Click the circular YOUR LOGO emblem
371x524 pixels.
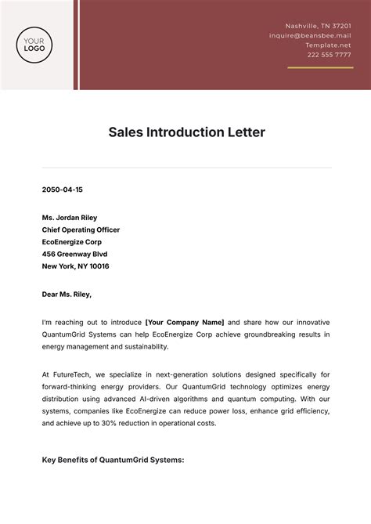[34, 44]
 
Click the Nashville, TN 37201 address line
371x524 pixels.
[318, 26]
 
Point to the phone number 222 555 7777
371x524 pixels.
[329, 55]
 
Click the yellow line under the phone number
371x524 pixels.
[319, 67]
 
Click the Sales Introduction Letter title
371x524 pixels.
[186, 132]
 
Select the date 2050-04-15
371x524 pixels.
[62, 190]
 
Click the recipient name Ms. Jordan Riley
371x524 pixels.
[70, 218]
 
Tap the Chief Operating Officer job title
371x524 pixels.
[81, 229]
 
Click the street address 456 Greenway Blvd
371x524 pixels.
[74, 254]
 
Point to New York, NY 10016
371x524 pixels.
[75, 266]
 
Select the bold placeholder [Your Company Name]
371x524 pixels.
[185, 322]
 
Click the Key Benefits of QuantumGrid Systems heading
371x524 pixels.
[113, 460]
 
